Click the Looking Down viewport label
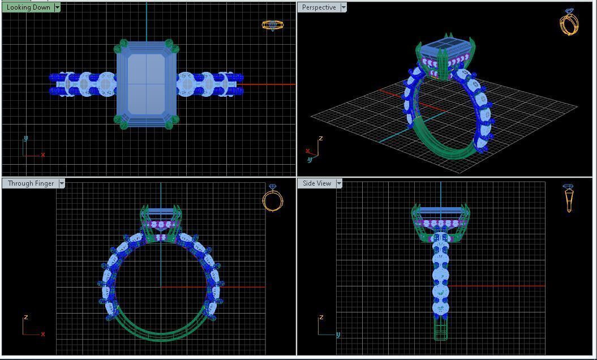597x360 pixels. [x=28, y=7]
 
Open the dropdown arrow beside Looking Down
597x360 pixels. [x=57, y=7]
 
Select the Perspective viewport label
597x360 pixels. [x=319, y=7]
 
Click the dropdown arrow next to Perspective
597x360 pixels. [x=343, y=7]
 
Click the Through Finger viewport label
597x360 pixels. [x=31, y=183]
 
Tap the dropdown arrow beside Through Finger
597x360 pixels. [x=62, y=183]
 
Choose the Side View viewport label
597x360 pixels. [x=317, y=183]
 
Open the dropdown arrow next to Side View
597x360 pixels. [x=339, y=183]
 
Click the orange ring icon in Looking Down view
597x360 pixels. [x=272, y=25]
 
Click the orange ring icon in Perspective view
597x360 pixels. [x=569, y=22]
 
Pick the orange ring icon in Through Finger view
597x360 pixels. [x=272, y=198]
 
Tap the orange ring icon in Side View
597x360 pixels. [x=569, y=198]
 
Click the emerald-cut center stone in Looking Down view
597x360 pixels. [x=147, y=83]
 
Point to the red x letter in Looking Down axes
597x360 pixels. [x=43, y=155]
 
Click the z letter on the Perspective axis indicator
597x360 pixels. [x=321, y=138]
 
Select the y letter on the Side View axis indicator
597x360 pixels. [x=338, y=335]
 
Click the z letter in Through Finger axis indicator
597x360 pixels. [x=25, y=318]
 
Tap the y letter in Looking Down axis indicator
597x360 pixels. [x=25, y=138]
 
